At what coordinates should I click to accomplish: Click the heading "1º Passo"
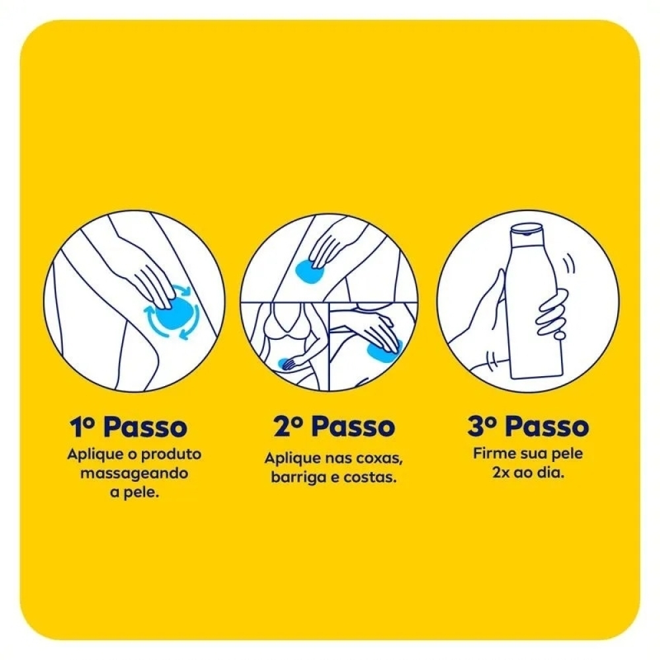tap(129, 427)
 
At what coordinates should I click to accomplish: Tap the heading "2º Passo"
tap(334, 426)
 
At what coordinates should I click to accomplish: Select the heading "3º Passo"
tap(528, 426)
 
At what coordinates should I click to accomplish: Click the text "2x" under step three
tap(500, 473)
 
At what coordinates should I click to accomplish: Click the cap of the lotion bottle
tap(526, 230)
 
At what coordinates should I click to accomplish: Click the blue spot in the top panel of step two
tap(310, 271)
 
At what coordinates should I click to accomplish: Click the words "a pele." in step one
tap(134, 493)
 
